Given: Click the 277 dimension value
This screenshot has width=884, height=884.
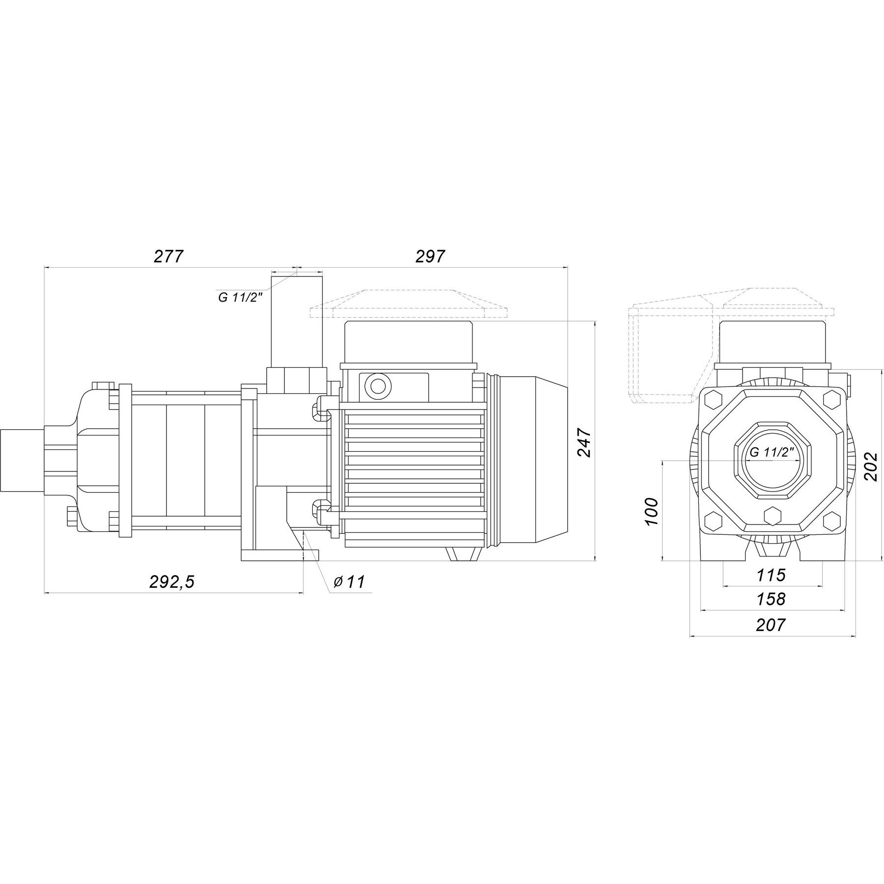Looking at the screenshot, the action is [168, 256].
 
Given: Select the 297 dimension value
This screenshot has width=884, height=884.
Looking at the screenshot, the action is [430, 256].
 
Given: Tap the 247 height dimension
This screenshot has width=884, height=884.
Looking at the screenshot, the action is [584, 442].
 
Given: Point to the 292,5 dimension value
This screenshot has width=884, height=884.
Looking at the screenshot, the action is [172, 581].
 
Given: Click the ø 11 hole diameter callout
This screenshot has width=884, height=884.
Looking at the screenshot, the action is [349, 582].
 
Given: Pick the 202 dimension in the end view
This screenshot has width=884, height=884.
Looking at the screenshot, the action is [870, 466].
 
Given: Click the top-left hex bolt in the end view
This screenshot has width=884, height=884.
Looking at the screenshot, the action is [714, 399].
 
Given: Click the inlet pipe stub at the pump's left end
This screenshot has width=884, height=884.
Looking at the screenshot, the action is [22, 461].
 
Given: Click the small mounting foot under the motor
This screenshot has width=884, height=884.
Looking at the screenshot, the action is [464, 553].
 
